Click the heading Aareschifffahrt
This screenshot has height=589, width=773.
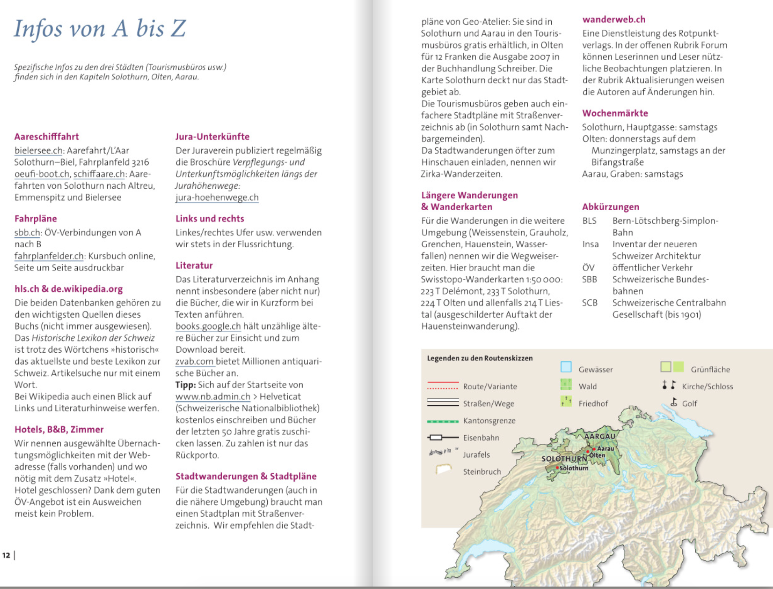tap(46, 137)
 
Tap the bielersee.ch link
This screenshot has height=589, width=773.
tap(38, 151)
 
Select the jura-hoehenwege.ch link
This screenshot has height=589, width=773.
tap(217, 198)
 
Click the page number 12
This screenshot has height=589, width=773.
tap(6, 555)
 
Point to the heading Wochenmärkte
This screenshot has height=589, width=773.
tap(615, 113)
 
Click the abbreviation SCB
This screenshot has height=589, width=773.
tap(590, 303)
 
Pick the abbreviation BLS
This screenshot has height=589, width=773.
tap(589, 221)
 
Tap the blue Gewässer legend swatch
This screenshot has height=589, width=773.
tap(566, 367)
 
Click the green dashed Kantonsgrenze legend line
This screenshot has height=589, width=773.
tap(443, 421)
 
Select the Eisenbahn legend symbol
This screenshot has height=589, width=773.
tap(443, 438)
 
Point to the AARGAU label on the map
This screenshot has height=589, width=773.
tap(600, 436)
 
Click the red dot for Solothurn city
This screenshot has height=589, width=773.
tap(557, 468)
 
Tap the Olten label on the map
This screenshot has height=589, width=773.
tap(597, 455)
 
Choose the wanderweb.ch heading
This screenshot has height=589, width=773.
tap(614, 20)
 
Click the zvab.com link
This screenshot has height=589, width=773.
tap(194, 362)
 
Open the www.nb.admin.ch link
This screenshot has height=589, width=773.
tap(213, 397)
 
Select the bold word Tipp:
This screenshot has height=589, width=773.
tap(186, 385)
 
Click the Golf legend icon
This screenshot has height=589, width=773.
tap(674, 403)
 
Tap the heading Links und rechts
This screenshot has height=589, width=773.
tap(210, 219)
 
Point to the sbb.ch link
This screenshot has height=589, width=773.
tap(27, 233)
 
